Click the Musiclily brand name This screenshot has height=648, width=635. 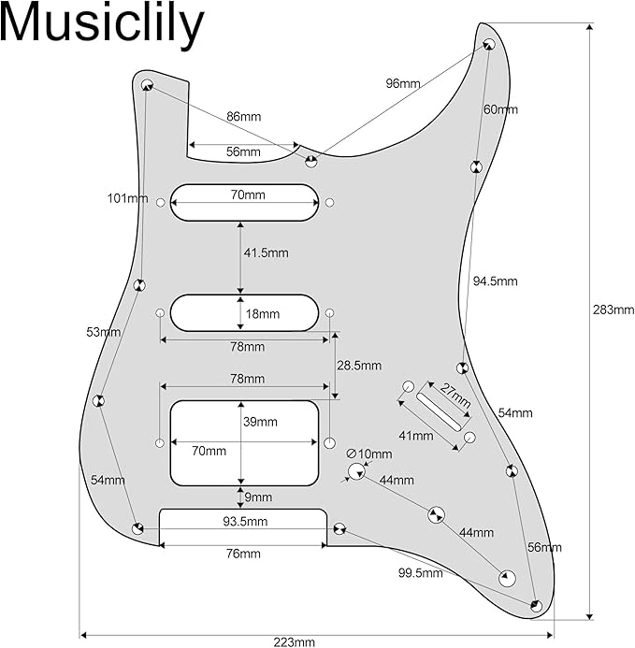102,25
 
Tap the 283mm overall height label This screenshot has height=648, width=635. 613,310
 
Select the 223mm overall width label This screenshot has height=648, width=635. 294,641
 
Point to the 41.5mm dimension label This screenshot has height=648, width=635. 266,252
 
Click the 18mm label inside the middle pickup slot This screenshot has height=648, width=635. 263,314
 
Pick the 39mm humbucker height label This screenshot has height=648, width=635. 260,422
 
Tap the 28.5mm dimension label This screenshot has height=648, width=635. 359,366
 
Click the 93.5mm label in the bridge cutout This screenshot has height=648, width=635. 245,522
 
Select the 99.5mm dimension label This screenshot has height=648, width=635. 421,573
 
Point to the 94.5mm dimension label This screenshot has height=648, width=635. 496,281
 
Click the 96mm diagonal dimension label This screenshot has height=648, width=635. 403,83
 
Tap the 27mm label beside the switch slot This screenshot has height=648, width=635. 455,396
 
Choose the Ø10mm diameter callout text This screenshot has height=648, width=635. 369,454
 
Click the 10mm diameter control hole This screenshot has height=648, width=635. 356,471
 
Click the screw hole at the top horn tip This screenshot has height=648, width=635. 489,44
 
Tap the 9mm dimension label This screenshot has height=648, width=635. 258,497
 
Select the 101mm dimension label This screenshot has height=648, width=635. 128,198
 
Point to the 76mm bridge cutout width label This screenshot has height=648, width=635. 243,554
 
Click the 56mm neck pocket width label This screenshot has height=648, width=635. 243,151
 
